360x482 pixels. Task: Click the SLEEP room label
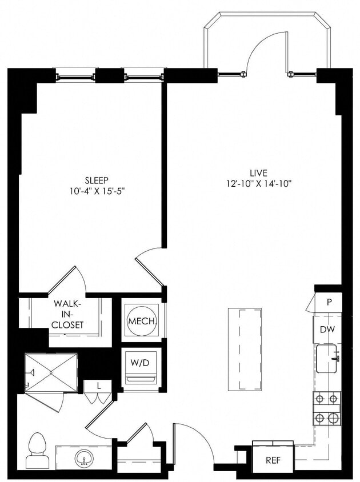95,179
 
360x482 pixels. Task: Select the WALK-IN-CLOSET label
68,315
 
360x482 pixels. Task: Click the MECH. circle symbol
142,322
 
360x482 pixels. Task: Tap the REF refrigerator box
273,460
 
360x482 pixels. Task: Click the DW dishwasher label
327,330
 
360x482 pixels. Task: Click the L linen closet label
99,386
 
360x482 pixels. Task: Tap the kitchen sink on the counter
327,359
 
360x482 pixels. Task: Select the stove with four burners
327,408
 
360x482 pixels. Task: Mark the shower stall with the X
50,372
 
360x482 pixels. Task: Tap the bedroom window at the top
109,75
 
